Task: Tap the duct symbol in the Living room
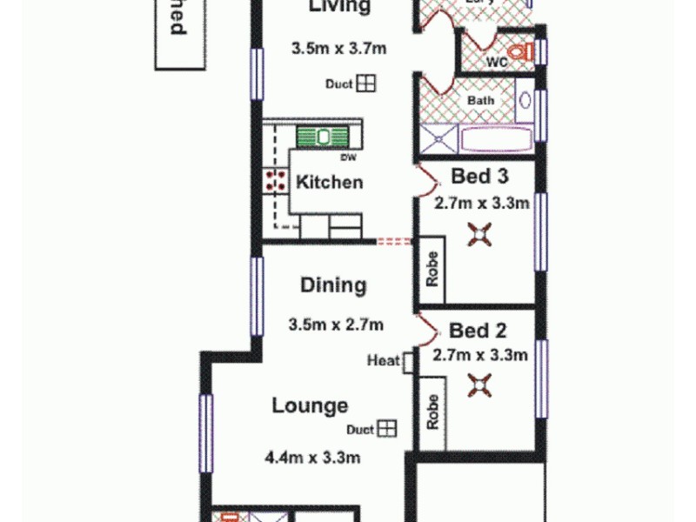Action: tap(366, 84)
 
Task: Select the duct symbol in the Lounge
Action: tap(386, 429)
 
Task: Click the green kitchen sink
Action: tap(324, 137)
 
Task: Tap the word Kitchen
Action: tap(330, 183)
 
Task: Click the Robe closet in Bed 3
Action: tap(432, 271)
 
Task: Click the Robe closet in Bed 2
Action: tap(432, 413)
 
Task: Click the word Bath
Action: tap(481, 100)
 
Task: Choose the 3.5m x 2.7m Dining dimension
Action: tap(336, 325)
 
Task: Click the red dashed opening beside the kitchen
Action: tap(394, 242)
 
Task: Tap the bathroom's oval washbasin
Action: tap(525, 100)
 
